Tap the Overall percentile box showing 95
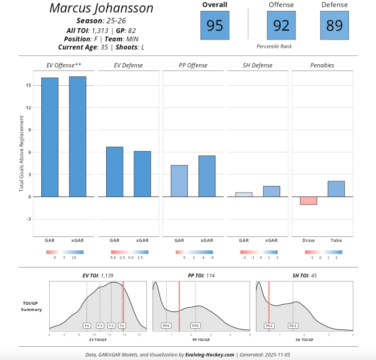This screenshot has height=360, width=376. pyautogui.click(x=214, y=25)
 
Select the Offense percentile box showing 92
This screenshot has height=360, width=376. pyautogui.click(x=281, y=25)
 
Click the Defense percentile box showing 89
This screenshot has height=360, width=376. pyautogui.click(x=335, y=25)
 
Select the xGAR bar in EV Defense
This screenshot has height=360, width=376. pyautogui.click(x=142, y=173)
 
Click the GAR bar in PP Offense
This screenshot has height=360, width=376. pyautogui.click(x=179, y=181)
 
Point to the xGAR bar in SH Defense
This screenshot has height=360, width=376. pyautogui.click(x=271, y=191)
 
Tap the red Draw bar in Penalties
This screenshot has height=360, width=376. pyautogui.click(x=308, y=200)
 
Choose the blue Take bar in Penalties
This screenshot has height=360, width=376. pyautogui.click(x=336, y=188)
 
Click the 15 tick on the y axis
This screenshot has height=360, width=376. pyautogui.click(x=28, y=85)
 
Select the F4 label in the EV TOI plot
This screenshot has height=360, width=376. pyautogui.click(x=86, y=325)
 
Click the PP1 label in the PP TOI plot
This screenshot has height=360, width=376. pyautogui.click(x=195, y=325)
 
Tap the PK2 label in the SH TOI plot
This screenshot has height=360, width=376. pyautogui.click(x=269, y=325)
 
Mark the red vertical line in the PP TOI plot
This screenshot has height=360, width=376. pyautogui.click(x=179, y=306)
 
